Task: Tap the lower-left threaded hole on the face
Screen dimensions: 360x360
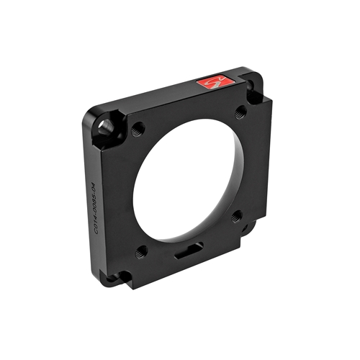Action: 142,251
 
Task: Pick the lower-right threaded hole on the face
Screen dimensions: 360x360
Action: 236,215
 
